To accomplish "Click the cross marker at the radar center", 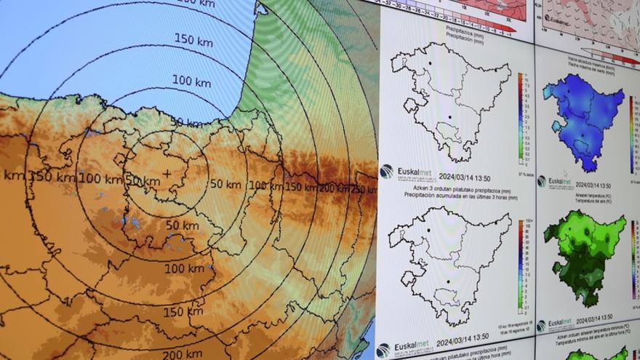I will click(167, 173).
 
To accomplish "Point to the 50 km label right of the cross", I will click(225, 184).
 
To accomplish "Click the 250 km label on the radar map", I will click(364, 190).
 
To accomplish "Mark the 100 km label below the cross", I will click(184, 268).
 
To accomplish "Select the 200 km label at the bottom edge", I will click(181, 354).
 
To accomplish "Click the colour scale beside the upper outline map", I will click(521, 116).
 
